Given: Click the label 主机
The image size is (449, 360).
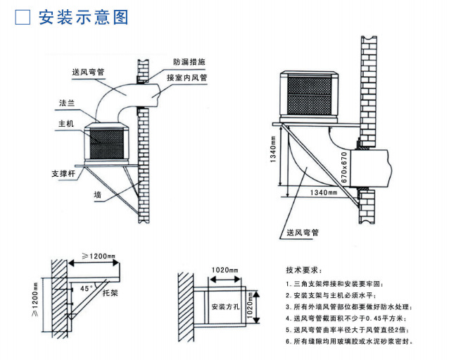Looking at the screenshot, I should tap(66, 124).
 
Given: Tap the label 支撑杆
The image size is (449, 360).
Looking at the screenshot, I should tap(62, 172).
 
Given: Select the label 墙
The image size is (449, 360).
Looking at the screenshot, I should tap(96, 193).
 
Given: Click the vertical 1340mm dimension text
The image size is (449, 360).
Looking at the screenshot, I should tap(273, 156).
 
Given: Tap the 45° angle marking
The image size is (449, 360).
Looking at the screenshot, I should tap(86, 288).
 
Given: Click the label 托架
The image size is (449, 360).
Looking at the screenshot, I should tap(110, 291).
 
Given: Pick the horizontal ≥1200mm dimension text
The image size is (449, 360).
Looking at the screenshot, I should tap(99, 256).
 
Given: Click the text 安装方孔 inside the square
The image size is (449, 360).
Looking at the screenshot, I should tap(224, 306).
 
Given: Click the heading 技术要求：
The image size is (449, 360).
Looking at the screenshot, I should tap(303, 270).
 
